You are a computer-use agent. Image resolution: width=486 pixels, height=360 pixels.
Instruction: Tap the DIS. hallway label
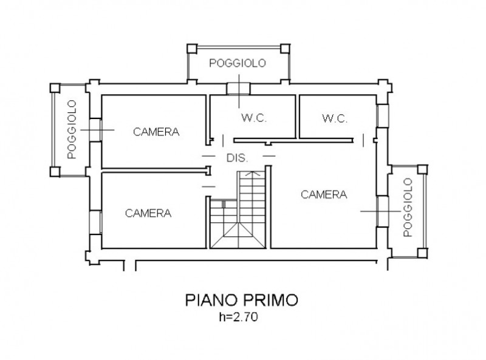tap(237, 158)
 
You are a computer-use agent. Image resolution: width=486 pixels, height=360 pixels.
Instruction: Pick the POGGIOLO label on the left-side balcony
tap(71, 129)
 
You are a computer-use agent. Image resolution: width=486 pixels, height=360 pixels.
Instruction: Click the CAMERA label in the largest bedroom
tap(324, 194)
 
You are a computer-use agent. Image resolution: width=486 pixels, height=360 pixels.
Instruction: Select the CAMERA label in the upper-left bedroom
tap(157, 131)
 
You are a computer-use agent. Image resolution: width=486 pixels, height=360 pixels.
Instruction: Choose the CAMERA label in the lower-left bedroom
tap(148, 213)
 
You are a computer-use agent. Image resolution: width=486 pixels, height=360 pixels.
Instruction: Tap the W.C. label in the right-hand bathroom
tap(335, 118)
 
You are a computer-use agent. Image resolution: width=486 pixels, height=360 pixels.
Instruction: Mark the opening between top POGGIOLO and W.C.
tap(234, 89)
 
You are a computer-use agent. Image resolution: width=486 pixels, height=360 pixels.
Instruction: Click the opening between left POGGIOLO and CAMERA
tap(95, 129)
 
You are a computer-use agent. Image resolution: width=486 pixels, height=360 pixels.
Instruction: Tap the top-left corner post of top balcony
tap(188, 49)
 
